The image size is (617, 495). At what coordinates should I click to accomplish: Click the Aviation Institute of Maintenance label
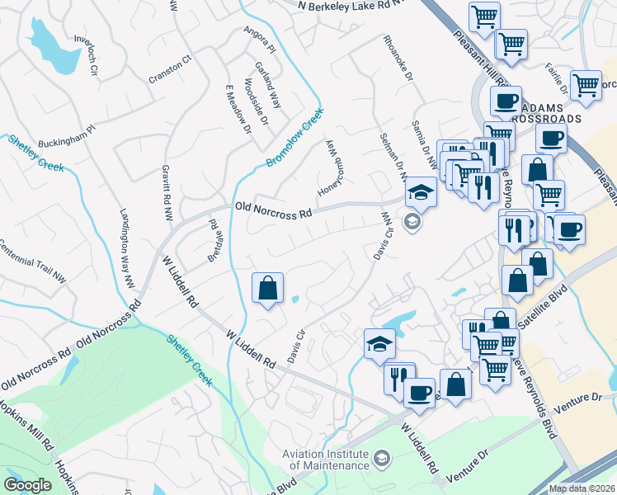tap(325, 460)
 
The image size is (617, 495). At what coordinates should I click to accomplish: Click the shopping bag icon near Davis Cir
tap(267, 289)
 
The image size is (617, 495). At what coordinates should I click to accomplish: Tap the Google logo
tap(28, 485)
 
